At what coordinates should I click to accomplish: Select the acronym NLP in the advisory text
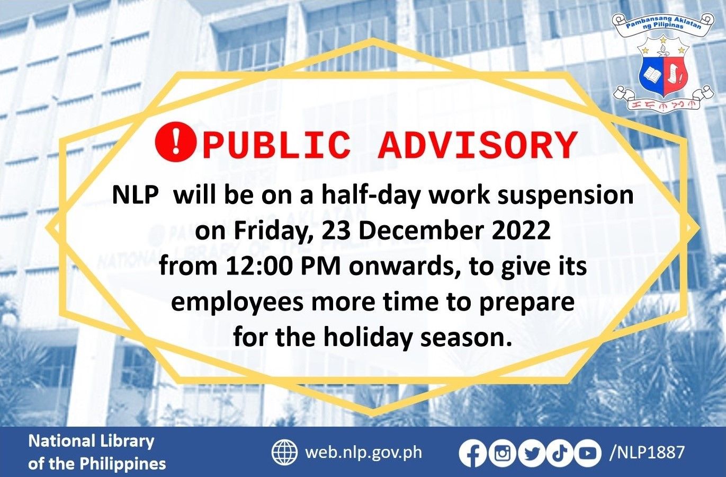(x=135, y=196)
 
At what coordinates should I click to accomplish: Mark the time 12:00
(x=259, y=266)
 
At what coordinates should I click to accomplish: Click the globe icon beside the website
(x=284, y=453)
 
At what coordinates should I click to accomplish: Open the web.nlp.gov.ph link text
(x=364, y=453)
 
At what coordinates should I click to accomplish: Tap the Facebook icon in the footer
(x=472, y=454)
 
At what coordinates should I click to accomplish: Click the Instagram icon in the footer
(x=502, y=454)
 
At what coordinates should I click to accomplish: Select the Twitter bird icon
(x=531, y=454)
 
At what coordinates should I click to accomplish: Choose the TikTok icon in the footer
(x=559, y=454)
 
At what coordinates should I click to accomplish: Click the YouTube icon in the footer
(x=587, y=454)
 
